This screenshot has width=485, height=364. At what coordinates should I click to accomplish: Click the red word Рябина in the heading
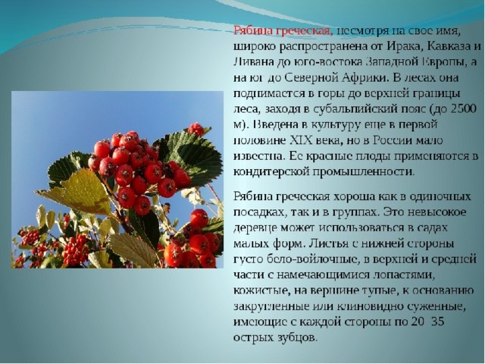(252, 31)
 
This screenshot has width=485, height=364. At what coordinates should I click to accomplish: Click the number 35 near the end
(437, 322)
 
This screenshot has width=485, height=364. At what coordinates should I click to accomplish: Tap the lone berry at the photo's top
(196, 130)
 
